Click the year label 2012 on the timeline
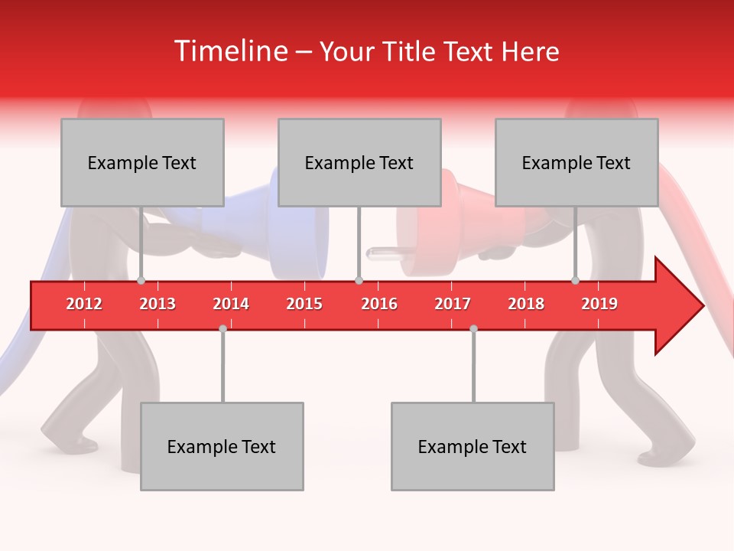(84, 304)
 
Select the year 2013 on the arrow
(158, 304)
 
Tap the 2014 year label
(231, 304)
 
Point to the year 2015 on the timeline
(304, 304)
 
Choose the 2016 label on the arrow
(379, 304)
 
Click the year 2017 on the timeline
(453, 304)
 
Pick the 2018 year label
(526, 304)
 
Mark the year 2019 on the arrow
(599, 304)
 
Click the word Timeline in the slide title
(229, 51)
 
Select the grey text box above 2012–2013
(142, 163)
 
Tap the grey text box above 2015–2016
(359, 163)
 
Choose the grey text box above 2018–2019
(576, 163)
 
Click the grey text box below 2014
(222, 446)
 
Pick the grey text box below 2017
(473, 446)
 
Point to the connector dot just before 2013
(141, 281)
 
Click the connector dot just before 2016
(359, 281)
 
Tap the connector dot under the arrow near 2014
(222, 328)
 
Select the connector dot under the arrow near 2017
(473, 328)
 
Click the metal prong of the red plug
(380, 252)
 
